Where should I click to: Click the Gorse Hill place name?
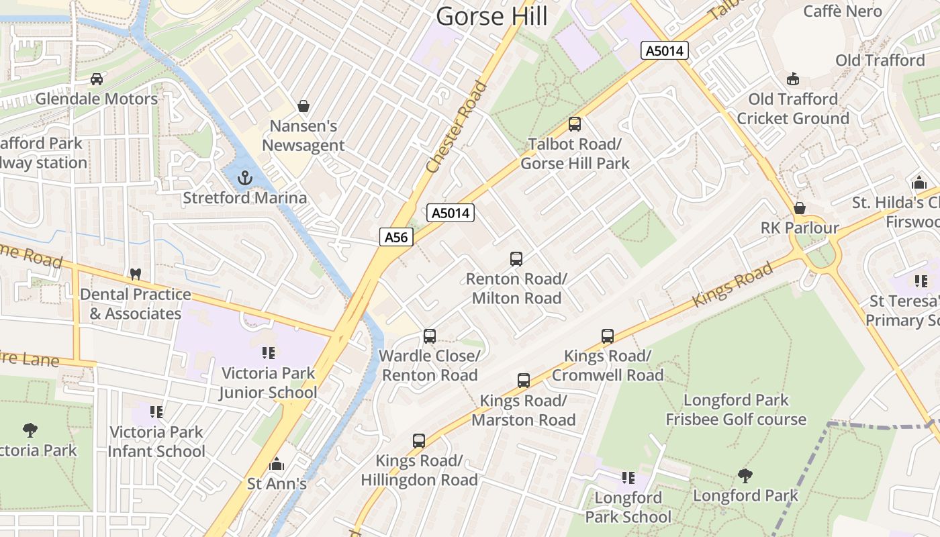pos(491,15)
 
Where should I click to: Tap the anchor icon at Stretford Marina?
pos(245,178)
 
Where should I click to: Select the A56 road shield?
pos(395,236)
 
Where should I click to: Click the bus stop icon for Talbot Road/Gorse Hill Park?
pos(575,124)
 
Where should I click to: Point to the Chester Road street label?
pos(457,127)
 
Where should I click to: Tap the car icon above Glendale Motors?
pos(97,79)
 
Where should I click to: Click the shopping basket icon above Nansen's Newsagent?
pos(303,106)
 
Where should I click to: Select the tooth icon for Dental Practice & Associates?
pos(135,274)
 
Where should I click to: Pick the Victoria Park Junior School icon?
pos(269,352)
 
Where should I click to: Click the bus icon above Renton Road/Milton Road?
pos(516,258)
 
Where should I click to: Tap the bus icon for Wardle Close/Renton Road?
pos(430,336)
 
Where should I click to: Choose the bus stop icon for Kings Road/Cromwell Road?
pos(608,336)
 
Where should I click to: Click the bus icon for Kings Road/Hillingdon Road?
pos(419,440)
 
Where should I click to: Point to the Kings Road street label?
pos(733,285)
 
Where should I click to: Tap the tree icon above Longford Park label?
pos(745,476)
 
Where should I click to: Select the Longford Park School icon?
pos(628,477)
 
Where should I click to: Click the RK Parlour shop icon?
pos(800,208)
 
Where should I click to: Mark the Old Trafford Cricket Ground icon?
pos(793,79)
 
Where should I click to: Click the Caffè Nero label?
pos(843,11)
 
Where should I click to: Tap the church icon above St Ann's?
pos(277,464)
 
